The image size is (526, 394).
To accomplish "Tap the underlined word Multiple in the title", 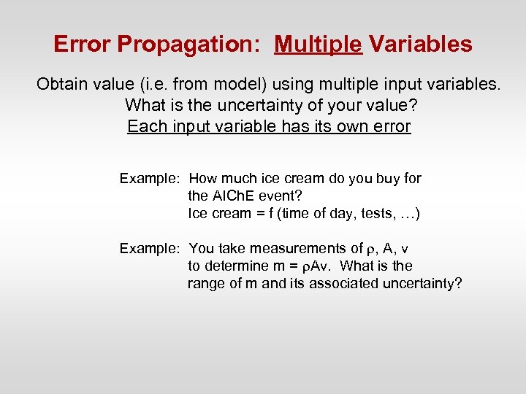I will pos(318,45).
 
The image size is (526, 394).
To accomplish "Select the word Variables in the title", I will pos(420,45).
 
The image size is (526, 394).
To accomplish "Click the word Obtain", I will pos(61,85).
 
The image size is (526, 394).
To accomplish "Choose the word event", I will pos(282,196).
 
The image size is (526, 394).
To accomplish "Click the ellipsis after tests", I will pos(403,214).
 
